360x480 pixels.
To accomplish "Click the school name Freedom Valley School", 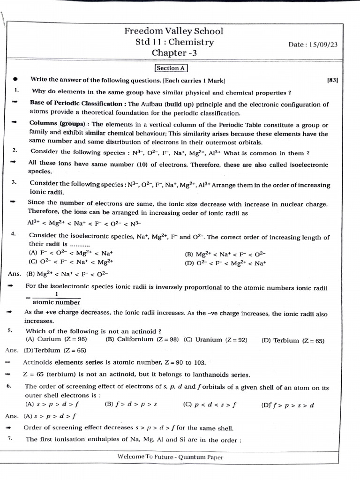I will click(173, 31).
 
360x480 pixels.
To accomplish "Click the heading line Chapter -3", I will click(174, 53).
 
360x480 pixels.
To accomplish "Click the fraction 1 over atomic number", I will click(56, 299).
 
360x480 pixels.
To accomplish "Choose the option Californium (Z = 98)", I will click(142, 339).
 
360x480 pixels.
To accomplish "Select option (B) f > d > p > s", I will click(131, 404).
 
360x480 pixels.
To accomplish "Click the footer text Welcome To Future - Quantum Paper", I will click(170, 457).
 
